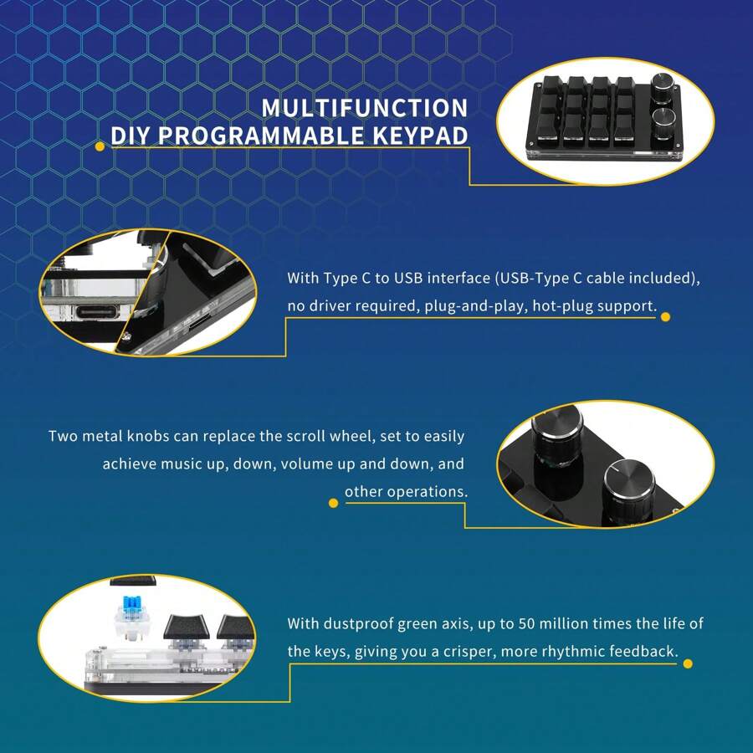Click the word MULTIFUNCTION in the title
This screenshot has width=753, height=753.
coord(364,108)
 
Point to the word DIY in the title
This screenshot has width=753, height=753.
coord(131,136)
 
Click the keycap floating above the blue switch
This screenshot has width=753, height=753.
coord(134,581)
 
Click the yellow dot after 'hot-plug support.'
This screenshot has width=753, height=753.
coord(666,316)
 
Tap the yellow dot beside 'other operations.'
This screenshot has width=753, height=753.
coord(332,505)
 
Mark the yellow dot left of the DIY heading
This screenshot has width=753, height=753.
coord(100,146)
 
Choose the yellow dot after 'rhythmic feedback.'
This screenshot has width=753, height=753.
coord(688,663)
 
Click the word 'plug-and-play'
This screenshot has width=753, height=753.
coord(462,305)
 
